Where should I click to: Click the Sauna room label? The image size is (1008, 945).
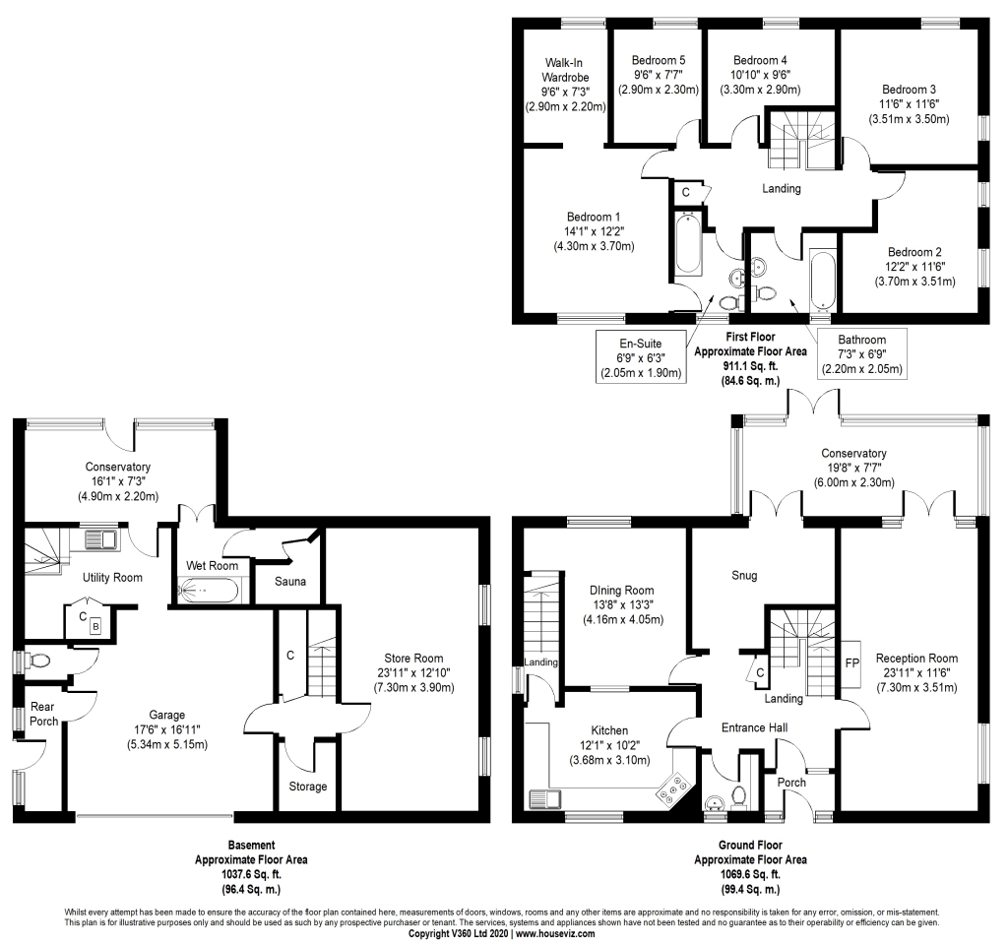[x=289, y=582]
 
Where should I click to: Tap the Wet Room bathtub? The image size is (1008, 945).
[x=208, y=591]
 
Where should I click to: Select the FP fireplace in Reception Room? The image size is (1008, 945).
[x=852, y=662]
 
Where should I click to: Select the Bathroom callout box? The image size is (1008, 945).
[x=862, y=355]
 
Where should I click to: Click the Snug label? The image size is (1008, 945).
[x=744, y=575]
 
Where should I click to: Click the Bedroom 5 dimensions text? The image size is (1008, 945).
[x=659, y=82]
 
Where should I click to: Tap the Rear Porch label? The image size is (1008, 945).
[x=43, y=714]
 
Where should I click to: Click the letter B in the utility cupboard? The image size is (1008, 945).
[x=95, y=626]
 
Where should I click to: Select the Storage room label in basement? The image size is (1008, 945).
[x=307, y=786]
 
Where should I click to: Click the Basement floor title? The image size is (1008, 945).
[x=251, y=845]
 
